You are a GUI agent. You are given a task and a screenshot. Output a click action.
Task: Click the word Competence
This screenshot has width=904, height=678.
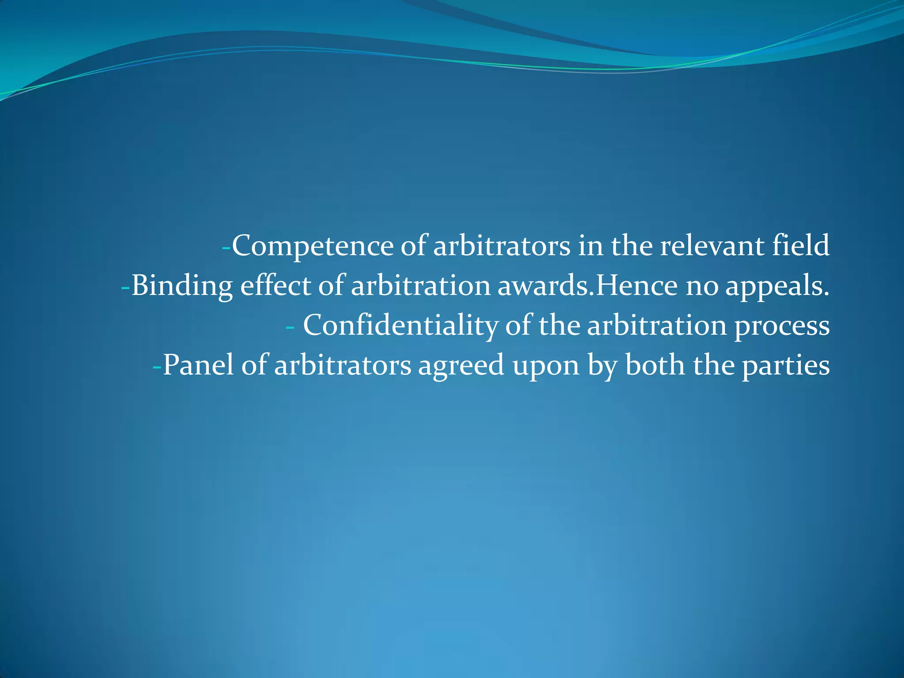pos(313,246)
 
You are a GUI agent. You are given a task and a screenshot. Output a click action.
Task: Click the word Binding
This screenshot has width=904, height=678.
pos(182,286)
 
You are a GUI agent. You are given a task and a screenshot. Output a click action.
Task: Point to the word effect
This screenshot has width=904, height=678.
pos(275,285)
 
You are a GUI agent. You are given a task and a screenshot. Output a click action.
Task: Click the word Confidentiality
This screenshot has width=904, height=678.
pos(400,326)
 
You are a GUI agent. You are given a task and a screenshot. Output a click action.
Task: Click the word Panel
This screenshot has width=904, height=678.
pos(198,365)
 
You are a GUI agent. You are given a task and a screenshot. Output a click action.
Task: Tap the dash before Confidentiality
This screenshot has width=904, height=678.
pos(290,327)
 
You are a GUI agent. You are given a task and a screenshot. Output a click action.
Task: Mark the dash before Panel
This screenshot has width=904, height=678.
pos(157,367)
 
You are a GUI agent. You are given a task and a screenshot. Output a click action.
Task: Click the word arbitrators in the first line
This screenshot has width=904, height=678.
pos(501,246)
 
